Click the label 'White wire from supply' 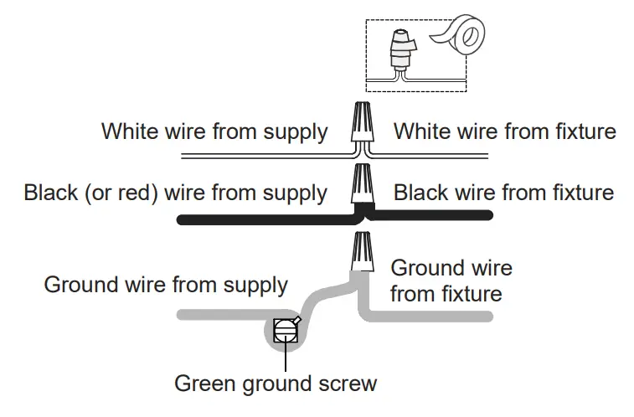click(x=214, y=131)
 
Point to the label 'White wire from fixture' click(x=505, y=131)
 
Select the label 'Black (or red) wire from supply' click(x=175, y=193)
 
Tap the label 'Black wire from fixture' click(x=503, y=193)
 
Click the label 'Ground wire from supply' click(x=166, y=285)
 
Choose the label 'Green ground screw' click(x=276, y=384)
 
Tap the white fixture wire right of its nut click(x=436, y=157)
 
